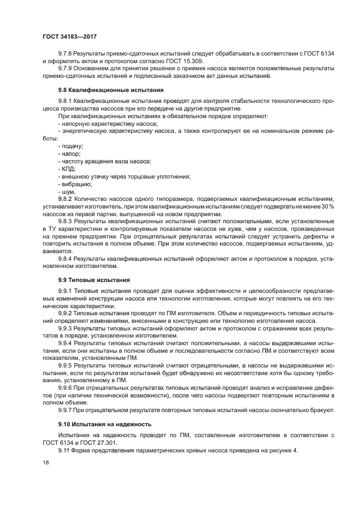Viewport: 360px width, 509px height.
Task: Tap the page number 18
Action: click(x=46, y=462)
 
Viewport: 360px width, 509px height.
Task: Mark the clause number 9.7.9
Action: click(x=65, y=69)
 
